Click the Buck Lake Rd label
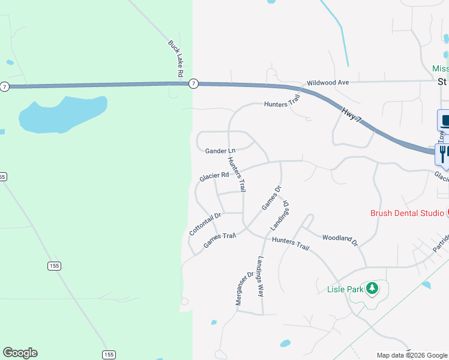click(175, 58)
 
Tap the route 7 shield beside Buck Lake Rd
click(193, 83)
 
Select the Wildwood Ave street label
click(328, 82)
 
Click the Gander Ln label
click(220, 151)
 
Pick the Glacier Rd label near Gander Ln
click(214, 176)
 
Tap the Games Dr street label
click(271, 199)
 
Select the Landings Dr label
click(280, 215)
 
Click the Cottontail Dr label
click(205, 223)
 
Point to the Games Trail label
click(220, 240)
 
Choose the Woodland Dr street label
click(340, 240)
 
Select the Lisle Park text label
click(346, 289)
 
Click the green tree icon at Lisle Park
click(373, 289)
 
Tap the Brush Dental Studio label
click(407, 213)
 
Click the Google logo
click(20, 353)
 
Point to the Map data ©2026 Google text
click(412, 355)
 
